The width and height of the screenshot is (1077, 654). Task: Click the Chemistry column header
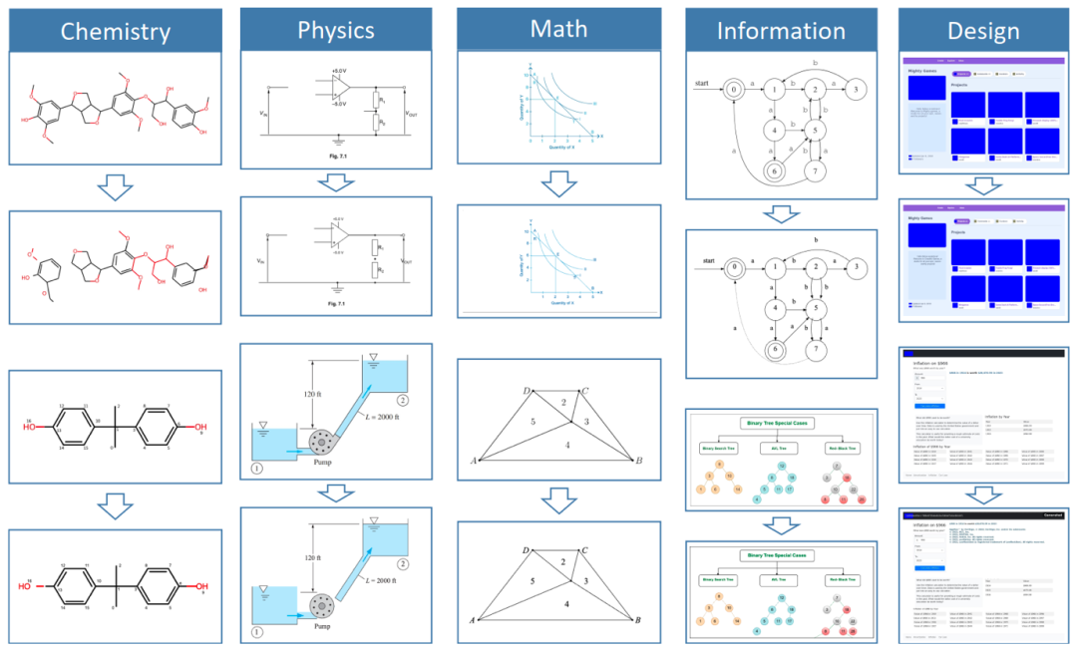[116, 31]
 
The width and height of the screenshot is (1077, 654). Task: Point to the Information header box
[781, 31]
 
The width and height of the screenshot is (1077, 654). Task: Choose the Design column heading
[983, 31]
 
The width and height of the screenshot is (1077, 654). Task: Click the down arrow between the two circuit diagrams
[335, 181]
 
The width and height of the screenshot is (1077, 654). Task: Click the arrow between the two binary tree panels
[781, 524]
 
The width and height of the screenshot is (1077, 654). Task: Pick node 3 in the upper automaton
[856, 90]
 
